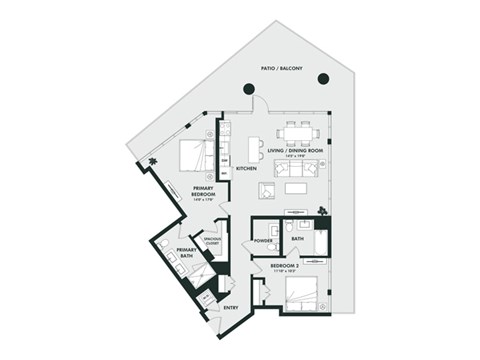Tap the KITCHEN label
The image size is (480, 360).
pos(246,168)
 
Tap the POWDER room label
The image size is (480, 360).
pos(265,240)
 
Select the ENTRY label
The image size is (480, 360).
pos(230,308)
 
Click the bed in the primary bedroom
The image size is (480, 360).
pos(196,156)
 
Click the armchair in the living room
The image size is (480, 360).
pos(268,190)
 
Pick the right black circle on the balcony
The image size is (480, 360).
pos(323,78)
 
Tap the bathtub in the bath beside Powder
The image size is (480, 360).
pos(320,242)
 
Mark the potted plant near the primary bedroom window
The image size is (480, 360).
pos(152,161)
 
